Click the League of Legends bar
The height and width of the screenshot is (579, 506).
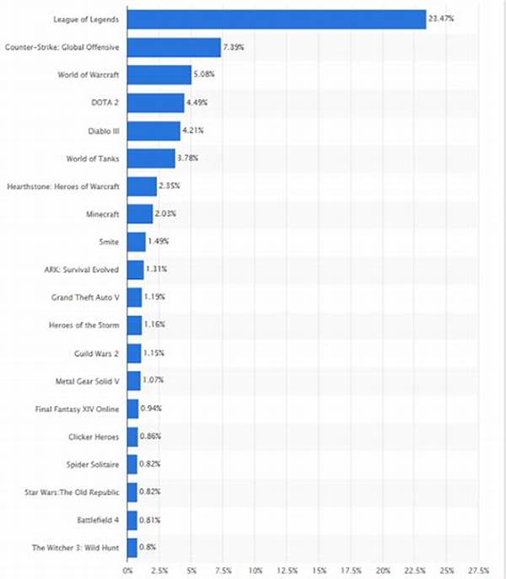tap(277, 19)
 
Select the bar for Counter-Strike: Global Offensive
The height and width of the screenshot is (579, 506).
tap(175, 46)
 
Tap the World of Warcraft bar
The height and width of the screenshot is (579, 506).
tap(159, 75)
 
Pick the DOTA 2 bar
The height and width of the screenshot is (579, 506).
tap(156, 103)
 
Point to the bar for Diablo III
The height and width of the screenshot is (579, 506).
tap(154, 131)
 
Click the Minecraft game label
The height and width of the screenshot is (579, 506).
tap(100, 213)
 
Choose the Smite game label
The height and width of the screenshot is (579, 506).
tap(109, 242)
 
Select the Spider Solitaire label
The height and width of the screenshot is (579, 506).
tap(92, 464)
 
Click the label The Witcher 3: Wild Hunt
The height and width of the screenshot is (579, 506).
tap(75, 548)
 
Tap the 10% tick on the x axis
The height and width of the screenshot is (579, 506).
tap(256, 571)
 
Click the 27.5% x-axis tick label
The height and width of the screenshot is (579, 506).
tap(478, 571)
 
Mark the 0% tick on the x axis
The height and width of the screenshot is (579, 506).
tap(128, 571)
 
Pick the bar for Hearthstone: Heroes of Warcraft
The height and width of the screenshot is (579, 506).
tap(143, 186)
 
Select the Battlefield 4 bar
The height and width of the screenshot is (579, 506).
tap(132, 520)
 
